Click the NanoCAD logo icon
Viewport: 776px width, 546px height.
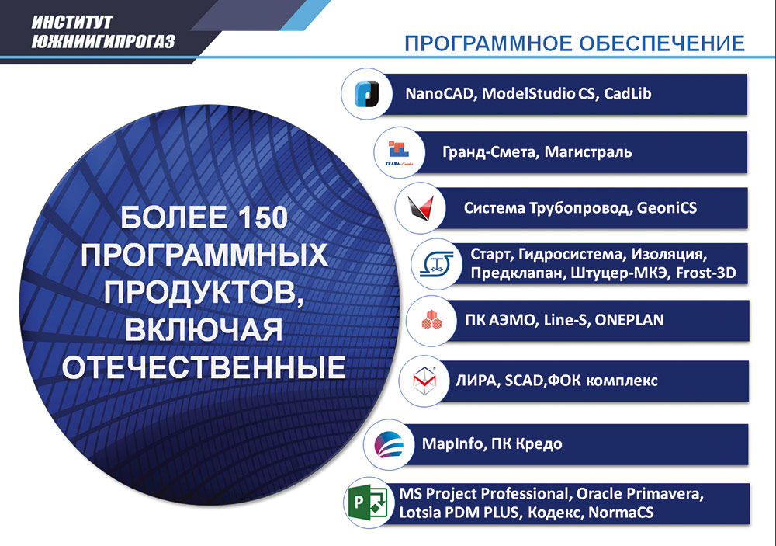364,94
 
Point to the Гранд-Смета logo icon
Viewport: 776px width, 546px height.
397,151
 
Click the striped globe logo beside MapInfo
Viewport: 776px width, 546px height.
386,444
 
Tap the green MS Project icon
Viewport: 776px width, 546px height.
365,503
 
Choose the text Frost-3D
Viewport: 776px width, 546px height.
705,273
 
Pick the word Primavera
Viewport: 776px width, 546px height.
675,494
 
